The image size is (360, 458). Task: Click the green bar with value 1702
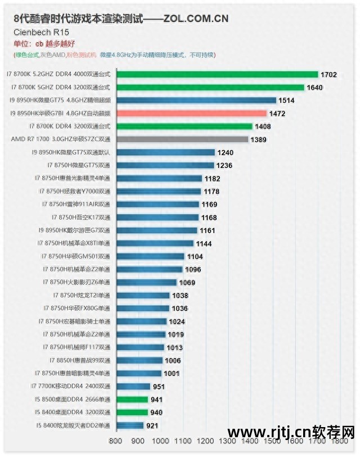point(217,74)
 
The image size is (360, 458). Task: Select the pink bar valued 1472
point(191,114)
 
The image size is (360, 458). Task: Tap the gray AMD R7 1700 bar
point(182,139)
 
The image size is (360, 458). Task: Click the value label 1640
point(314,88)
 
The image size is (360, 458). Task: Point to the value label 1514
point(286,101)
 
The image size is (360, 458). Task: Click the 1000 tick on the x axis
point(160,441)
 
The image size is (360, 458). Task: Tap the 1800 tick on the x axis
point(339,441)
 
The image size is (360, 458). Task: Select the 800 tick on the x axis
point(116,441)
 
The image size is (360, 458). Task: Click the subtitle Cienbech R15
point(37,33)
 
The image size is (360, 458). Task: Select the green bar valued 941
point(132,400)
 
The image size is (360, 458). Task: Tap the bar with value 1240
point(165,152)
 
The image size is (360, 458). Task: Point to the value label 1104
point(194,256)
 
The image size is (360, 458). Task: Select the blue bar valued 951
point(133,386)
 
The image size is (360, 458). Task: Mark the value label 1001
point(172,373)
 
